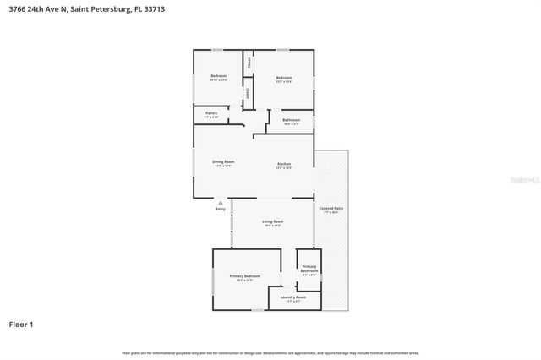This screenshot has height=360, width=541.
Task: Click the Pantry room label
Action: pos(211,112)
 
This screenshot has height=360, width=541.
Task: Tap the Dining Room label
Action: pos(223,161)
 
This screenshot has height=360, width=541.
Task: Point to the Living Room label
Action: pos(272,221)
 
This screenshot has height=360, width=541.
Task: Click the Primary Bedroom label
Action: pos(244,276)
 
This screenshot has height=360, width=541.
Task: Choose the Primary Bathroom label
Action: pos(309,269)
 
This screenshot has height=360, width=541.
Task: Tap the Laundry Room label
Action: pos(293,297)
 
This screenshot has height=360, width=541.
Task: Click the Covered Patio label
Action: pos(331,208)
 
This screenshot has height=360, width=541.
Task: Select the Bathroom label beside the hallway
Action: pos(291,120)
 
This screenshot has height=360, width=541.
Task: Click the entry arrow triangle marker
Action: pos(221,203)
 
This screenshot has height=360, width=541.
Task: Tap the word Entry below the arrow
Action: pos(221,210)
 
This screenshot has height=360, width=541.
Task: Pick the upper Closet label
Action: pos(249,63)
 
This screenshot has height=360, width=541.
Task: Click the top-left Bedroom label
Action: pos(218,76)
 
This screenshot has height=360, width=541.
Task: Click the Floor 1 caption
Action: pos(22,324)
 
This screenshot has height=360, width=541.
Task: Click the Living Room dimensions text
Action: pos(272,226)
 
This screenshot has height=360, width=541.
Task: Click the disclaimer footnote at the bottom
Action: pos(270,352)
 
